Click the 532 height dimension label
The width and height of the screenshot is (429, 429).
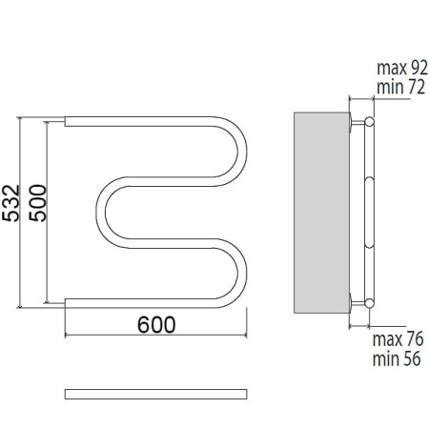pos(11,203)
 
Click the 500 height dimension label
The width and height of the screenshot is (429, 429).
pos(38,203)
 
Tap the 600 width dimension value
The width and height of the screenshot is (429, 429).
pos(156,324)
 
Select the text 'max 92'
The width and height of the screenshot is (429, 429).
pos(402,68)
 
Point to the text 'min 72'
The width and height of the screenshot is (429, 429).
pos(400,87)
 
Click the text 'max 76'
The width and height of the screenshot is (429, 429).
pos(398,339)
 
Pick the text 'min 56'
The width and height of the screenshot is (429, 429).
pos(397,358)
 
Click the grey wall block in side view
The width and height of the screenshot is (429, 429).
pos(321,213)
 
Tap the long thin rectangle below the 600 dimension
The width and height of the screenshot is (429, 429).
pos(156,394)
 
